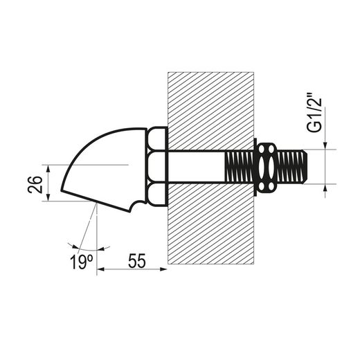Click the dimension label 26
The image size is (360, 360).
coord(35,185)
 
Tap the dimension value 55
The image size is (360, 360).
coord(137,261)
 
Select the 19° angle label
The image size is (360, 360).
coord(82,262)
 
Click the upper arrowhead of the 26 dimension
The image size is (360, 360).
coord(48,169)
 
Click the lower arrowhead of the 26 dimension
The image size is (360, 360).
coord(48,197)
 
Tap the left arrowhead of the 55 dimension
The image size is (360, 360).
coord(100,269)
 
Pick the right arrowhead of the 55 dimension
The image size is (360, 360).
coord(163,269)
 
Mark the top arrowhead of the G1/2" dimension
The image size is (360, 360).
coord(325,145)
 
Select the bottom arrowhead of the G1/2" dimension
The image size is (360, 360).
coord(325,188)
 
